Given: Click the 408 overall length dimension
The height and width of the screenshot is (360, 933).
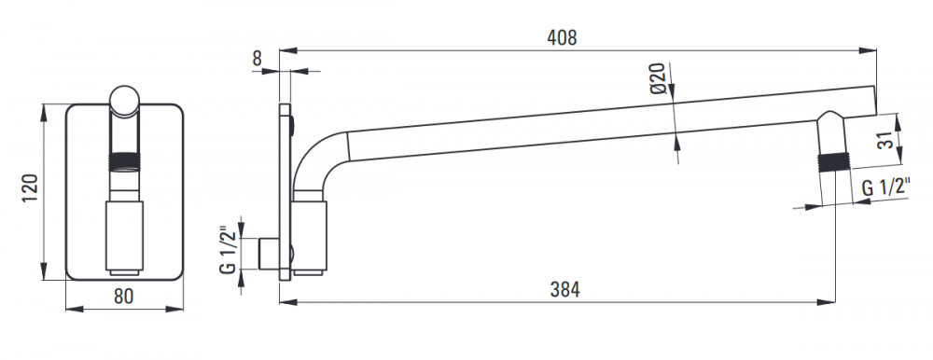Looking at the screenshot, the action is tap(562, 37).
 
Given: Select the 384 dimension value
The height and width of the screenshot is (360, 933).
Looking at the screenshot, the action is tap(564, 290).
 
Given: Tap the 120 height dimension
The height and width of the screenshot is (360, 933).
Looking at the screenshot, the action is tap(30, 187).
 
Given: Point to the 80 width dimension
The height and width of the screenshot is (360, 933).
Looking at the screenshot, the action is tap(123, 296).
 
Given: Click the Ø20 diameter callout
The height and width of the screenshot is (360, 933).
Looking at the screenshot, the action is tap(657, 78).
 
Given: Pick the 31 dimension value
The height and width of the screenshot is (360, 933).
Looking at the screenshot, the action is tap(886, 141).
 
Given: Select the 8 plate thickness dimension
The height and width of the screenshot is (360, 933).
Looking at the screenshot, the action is tap(257, 59).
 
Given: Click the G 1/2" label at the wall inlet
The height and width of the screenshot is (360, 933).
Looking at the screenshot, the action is tap(227, 250).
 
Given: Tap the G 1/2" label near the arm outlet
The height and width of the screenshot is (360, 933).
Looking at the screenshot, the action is tap(886, 187).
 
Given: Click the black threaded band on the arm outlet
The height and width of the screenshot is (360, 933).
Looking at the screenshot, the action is tap(832, 163).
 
